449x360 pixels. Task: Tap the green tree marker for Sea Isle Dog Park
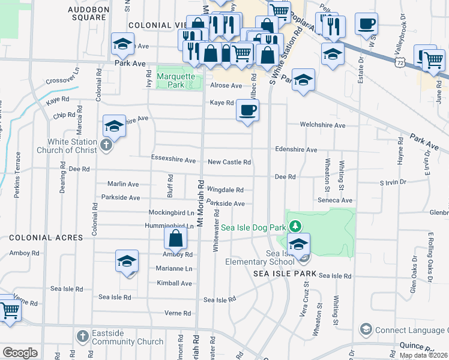click(x=295, y=226)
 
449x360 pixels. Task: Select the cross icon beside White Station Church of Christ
click(x=106, y=145)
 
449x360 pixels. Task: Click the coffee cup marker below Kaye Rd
click(x=247, y=110)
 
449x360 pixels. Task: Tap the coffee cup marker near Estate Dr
click(x=366, y=25)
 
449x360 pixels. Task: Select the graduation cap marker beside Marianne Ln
click(x=127, y=261)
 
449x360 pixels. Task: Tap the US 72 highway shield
click(x=408, y=62)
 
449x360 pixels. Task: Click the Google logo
click(x=20, y=352)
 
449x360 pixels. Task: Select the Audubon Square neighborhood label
click(x=87, y=14)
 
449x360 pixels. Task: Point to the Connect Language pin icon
click(x=366, y=329)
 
